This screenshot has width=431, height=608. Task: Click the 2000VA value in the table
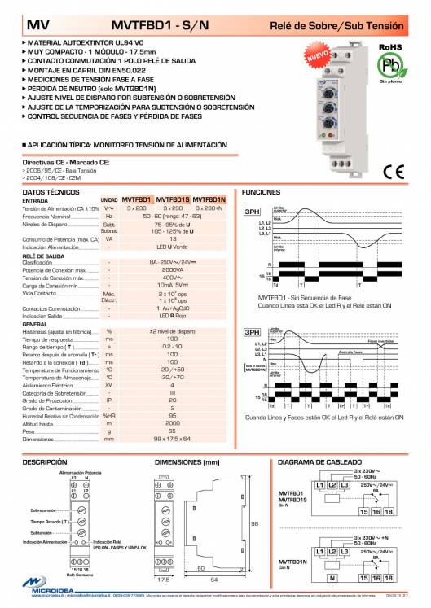click(x=172, y=269)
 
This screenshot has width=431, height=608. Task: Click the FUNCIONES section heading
click(x=262, y=190)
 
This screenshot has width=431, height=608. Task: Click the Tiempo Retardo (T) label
click(x=49, y=522)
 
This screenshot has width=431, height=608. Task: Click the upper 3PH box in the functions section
click(x=253, y=212)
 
